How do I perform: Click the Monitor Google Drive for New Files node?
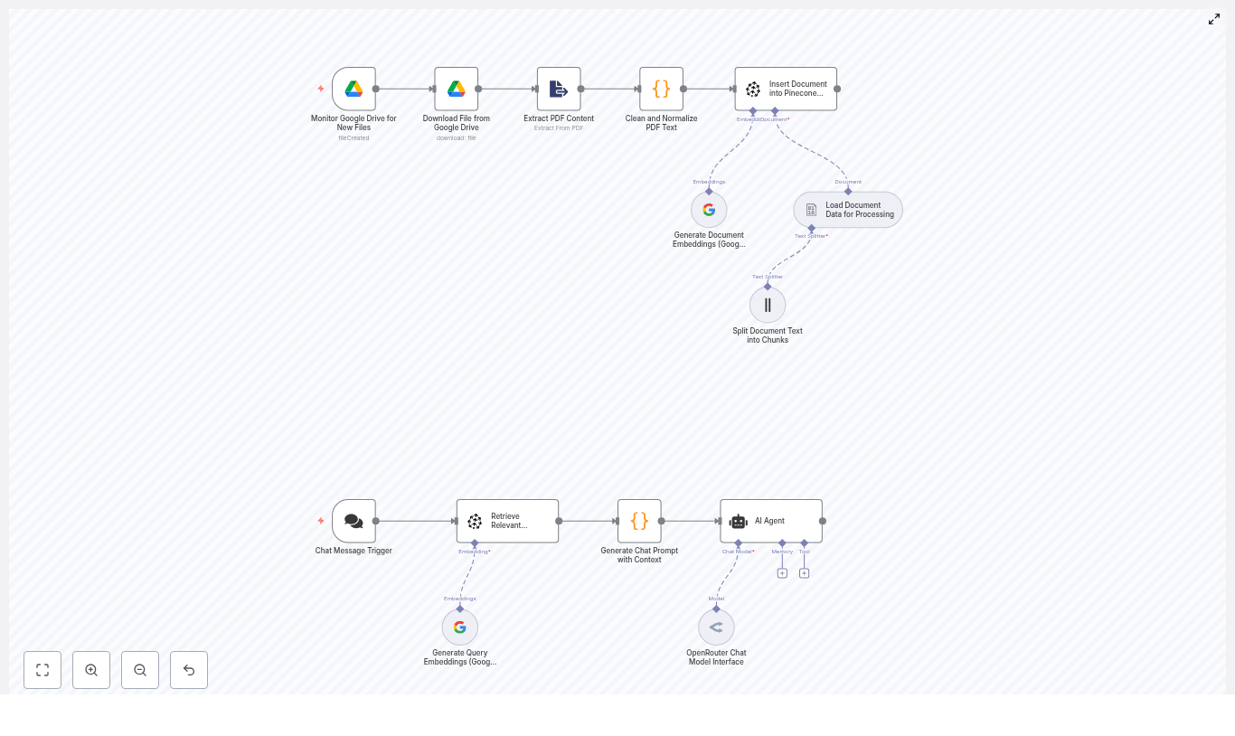(354, 89)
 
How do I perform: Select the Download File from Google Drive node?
(457, 89)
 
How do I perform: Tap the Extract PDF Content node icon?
(559, 89)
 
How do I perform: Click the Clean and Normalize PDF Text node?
(661, 89)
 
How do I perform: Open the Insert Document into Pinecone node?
(786, 89)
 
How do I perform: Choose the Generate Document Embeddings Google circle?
(709, 210)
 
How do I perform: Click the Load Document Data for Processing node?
(848, 210)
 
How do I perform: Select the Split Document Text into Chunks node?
(768, 305)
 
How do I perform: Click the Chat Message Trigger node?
(354, 521)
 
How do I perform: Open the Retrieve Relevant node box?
(507, 521)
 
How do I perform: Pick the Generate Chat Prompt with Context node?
(639, 521)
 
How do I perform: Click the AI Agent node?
(771, 521)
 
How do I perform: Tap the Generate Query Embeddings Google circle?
(460, 627)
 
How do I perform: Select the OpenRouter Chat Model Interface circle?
(716, 627)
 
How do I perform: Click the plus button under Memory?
(782, 573)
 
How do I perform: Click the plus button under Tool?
(804, 573)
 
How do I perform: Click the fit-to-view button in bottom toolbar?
(42, 670)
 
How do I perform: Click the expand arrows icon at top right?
(1214, 19)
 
